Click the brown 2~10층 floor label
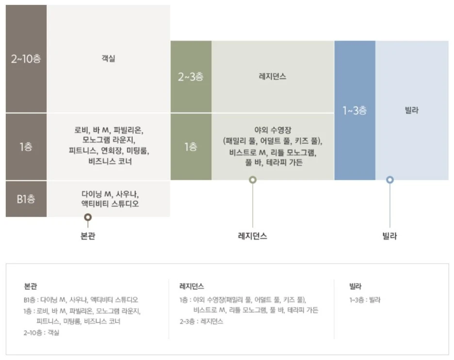coord(26,59)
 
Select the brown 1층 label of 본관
coord(26,146)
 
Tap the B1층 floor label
coord(26,199)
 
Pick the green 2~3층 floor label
coord(191,77)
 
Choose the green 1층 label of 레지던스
coord(191,146)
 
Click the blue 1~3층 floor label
coord(355,110)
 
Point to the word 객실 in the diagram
coord(109,59)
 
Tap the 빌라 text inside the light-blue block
coord(411,110)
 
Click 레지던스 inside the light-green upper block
coord(273,77)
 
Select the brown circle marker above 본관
coord(88,218)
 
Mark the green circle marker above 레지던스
coord(252,180)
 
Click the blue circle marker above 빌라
coord(390,180)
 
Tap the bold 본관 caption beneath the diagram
coord(88,236)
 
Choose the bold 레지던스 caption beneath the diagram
coord(252,236)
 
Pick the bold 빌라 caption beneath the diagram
coord(390,236)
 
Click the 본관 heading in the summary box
coord(30,286)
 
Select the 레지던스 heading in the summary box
coord(192,286)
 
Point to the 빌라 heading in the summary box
coord(356,286)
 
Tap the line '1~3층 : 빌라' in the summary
coord(365,300)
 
